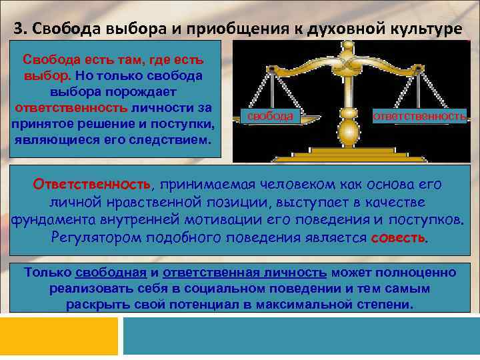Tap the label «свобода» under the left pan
click(x=270, y=116)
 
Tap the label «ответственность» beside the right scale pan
click(x=419, y=116)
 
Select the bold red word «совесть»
click(x=397, y=238)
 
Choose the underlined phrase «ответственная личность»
click(x=245, y=273)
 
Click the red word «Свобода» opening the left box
click(x=47, y=61)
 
